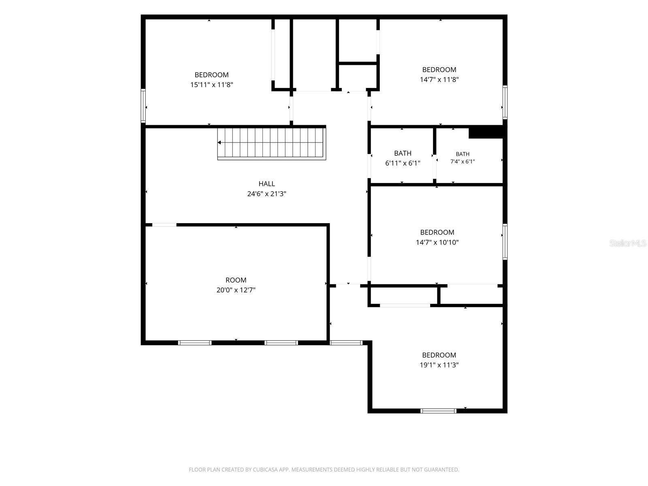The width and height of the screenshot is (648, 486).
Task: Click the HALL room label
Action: (266, 184)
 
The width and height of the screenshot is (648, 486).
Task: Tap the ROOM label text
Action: (236, 280)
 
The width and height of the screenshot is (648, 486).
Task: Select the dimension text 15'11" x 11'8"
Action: (212, 85)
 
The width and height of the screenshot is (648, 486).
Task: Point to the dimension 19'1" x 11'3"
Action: (439, 365)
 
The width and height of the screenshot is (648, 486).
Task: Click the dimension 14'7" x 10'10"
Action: (437, 243)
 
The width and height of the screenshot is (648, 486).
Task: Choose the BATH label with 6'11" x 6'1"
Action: (403, 153)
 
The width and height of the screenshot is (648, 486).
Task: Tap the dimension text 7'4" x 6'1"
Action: (463, 162)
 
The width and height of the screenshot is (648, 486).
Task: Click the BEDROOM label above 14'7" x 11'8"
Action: (439, 70)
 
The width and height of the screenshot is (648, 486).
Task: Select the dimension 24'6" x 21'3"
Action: (266, 194)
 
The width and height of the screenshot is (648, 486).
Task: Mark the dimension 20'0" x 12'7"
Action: (236, 290)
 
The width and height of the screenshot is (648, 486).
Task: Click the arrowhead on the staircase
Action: (220, 143)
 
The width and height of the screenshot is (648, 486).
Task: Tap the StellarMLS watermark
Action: (628, 243)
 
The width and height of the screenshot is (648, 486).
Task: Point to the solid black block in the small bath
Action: (486, 132)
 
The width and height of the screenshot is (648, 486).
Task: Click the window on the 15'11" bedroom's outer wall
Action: (143, 106)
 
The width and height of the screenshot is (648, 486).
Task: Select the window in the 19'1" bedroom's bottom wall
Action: (438, 411)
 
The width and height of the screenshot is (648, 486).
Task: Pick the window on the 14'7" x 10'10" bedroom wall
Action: (505, 242)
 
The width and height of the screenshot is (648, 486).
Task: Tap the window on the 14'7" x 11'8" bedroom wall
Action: (505, 102)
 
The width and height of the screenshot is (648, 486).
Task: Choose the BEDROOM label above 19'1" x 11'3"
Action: (439, 355)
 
